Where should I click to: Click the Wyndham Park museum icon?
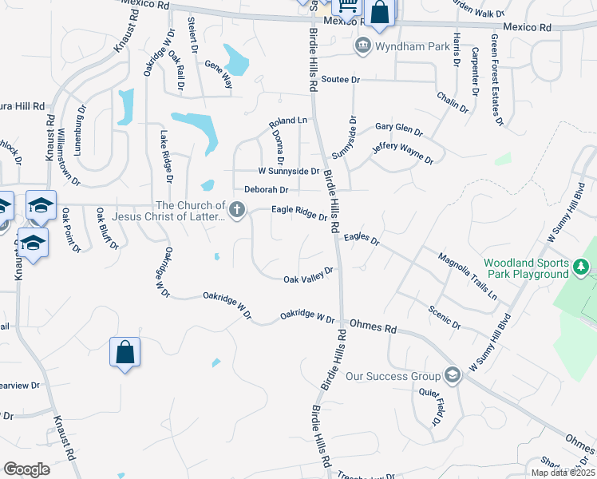pyautogui.click(x=364, y=46)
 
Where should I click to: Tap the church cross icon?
pyautogui.click(x=236, y=211)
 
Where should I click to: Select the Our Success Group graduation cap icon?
pyautogui.click(x=453, y=376)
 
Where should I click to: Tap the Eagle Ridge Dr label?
pyautogui.click(x=299, y=212)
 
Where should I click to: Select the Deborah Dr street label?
pyautogui.click(x=266, y=190)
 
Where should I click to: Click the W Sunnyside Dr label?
pyautogui.click(x=288, y=171)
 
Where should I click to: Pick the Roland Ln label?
pyautogui.click(x=287, y=121)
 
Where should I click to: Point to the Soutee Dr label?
pyautogui.click(x=342, y=80)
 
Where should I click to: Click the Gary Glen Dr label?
pyautogui.click(x=398, y=129)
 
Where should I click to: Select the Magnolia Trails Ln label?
pyautogui.click(x=467, y=275)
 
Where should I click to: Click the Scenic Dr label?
pyautogui.click(x=445, y=317)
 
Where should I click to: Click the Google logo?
pyautogui.click(x=26, y=469)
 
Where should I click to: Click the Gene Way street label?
pyautogui.click(x=218, y=73)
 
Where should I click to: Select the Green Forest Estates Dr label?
pyautogui.click(x=497, y=79)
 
